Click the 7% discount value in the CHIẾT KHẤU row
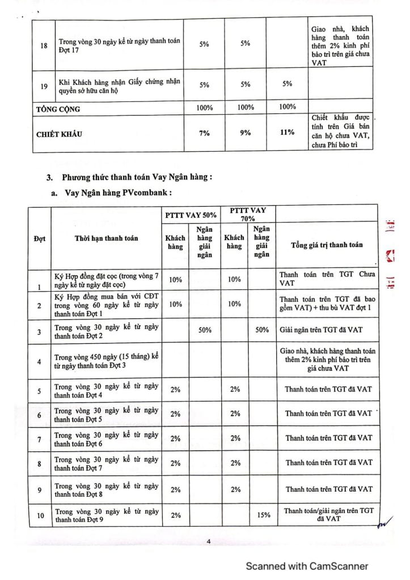[x=204, y=133]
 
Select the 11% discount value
[x=287, y=132]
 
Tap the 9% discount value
[x=245, y=133]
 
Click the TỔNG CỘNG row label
[x=59, y=108]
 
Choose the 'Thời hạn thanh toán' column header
[x=106, y=238]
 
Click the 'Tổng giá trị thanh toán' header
[x=327, y=245]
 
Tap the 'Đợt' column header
[x=40, y=238]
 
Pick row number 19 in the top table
[x=44, y=87]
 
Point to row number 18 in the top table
[x=44, y=45]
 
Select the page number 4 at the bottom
[x=209, y=542]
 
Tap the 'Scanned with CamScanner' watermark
[x=306, y=565]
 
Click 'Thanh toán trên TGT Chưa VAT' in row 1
[x=322, y=279]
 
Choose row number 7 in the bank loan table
[x=40, y=440]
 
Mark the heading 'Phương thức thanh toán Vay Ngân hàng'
[x=136, y=177]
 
